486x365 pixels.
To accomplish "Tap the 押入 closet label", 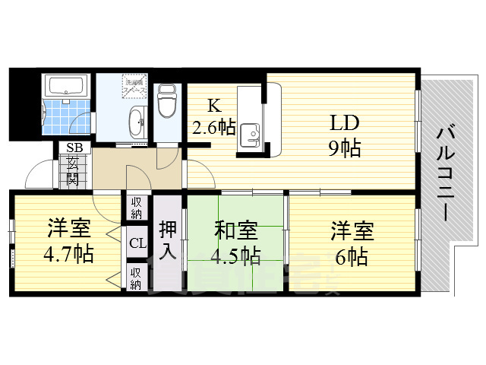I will (169, 239).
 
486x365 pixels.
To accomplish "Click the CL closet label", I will (137, 243).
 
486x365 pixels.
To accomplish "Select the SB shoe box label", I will (74, 148).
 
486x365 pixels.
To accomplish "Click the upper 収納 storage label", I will (137, 207).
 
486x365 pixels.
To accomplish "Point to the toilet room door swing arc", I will (169, 156).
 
